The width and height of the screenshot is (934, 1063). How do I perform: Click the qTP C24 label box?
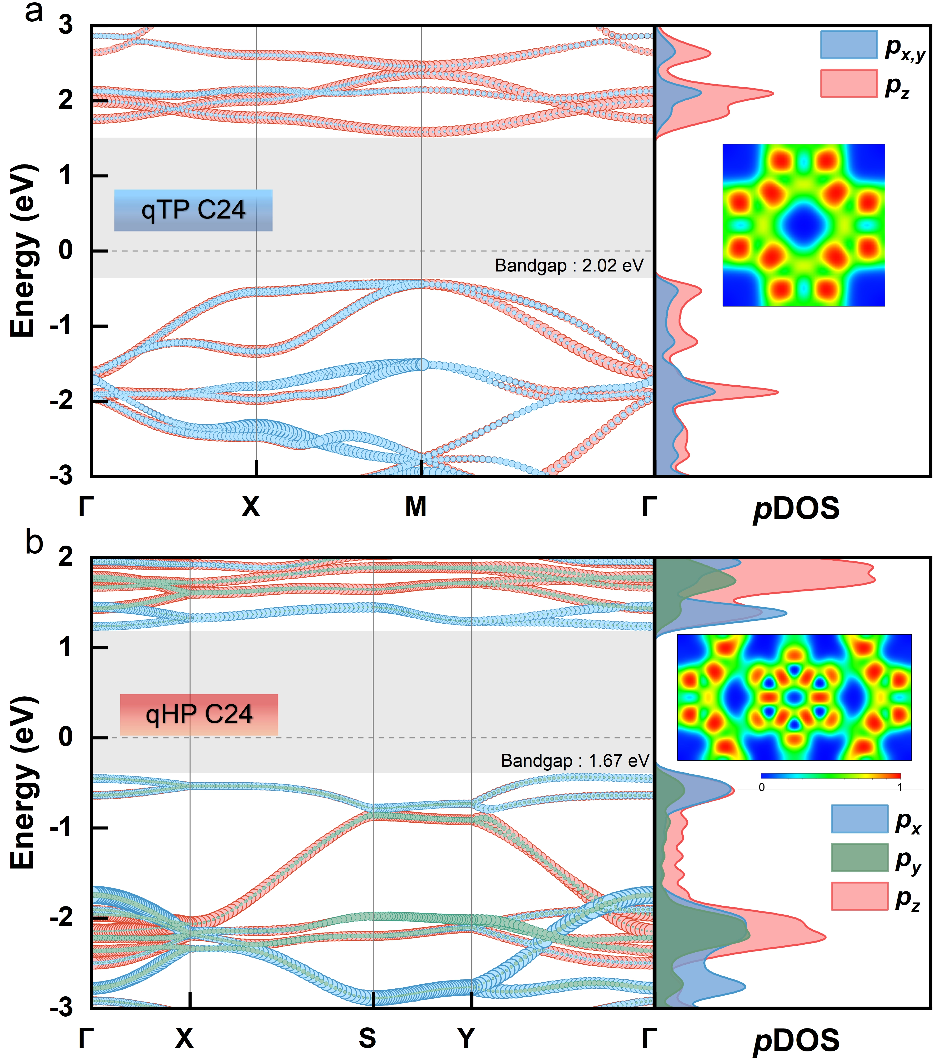click(x=193, y=210)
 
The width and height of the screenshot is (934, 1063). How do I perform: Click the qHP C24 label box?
click(x=199, y=715)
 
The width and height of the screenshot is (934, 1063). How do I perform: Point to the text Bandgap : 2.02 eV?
click(x=569, y=266)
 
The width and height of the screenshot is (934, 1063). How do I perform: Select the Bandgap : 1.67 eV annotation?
click(x=575, y=761)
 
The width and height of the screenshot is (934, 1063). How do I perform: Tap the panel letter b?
click(x=34, y=542)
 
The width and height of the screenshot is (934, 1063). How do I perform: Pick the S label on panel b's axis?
click(x=367, y=1038)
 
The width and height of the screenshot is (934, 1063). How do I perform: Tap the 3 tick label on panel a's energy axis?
click(x=66, y=25)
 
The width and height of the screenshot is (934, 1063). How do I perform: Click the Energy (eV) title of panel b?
click(x=24, y=783)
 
